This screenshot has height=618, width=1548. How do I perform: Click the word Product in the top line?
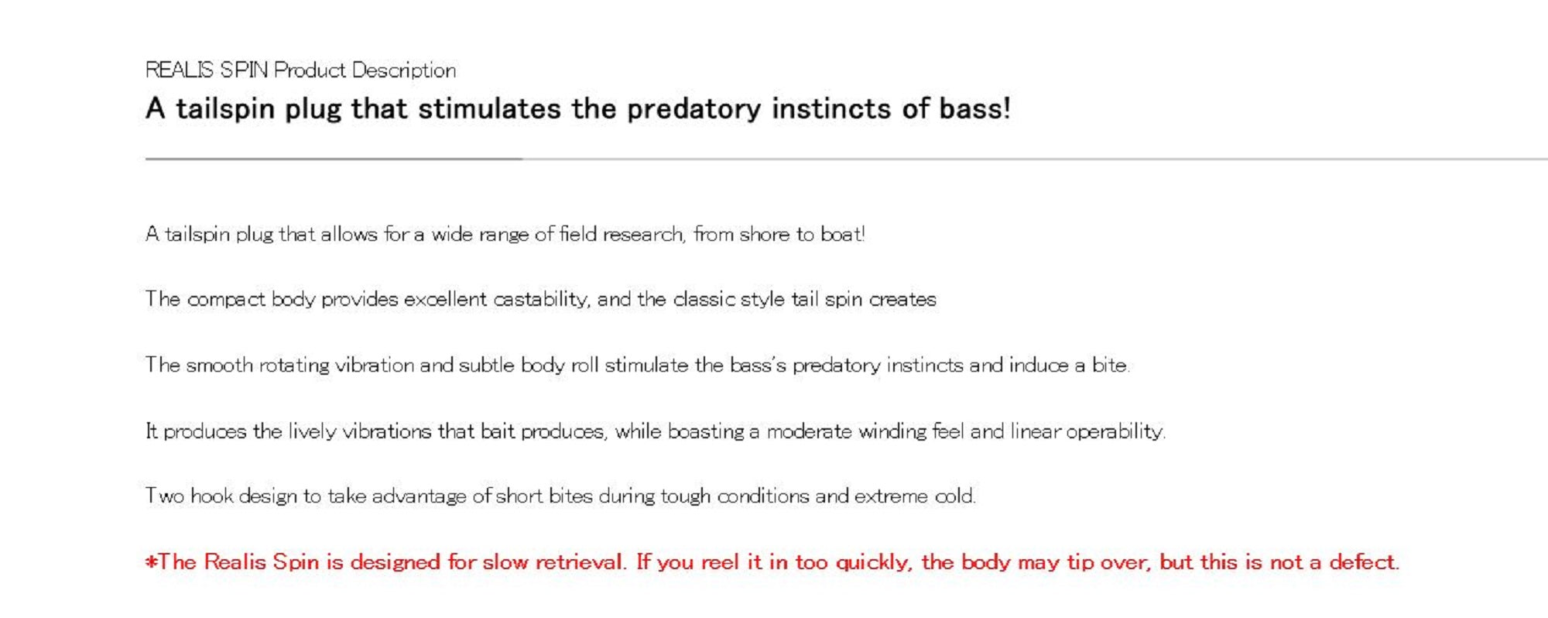click(310, 70)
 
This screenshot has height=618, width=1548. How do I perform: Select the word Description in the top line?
click(404, 70)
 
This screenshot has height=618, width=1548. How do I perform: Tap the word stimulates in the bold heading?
click(489, 109)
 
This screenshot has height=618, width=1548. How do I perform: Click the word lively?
click(312, 431)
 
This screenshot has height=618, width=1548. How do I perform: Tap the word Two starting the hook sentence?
click(165, 496)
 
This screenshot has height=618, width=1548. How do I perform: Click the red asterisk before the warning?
click(151, 561)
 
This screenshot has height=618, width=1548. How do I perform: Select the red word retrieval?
click(581, 561)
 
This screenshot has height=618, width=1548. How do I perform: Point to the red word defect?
click(1365, 561)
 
